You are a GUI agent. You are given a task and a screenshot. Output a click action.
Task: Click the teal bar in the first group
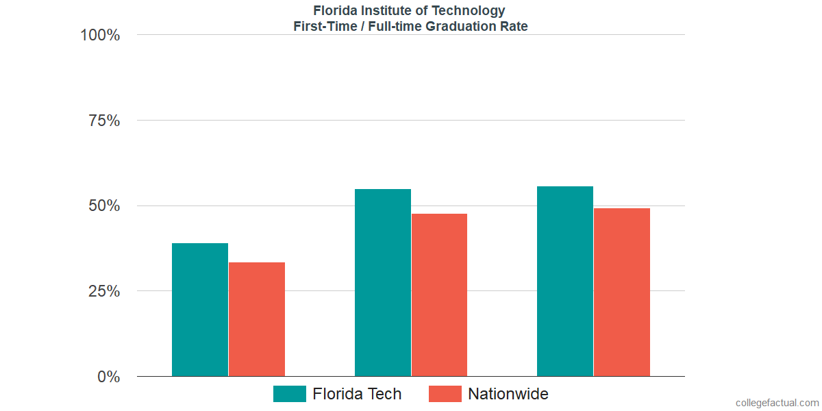pyautogui.click(x=200, y=310)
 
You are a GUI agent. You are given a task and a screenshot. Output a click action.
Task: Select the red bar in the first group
pyautogui.click(x=257, y=319)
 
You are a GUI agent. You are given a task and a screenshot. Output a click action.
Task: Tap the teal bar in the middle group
pyautogui.click(x=383, y=282)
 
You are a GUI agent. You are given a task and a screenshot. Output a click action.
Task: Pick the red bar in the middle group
pyautogui.click(x=439, y=295)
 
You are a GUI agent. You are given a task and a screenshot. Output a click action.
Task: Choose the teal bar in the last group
pyautogui.click(x=565, y=281)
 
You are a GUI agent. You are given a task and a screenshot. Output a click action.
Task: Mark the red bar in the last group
pyautogui.click(x=622, y=292)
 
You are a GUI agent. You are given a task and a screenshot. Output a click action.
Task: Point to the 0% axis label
pyautogui.click(x=108, y=377)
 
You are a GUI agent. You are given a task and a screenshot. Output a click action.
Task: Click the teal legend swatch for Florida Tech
pyautogui.click(x=289, y=394)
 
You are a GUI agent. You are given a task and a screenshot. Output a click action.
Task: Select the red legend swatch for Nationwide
pyautogui.click(x=445, y=394)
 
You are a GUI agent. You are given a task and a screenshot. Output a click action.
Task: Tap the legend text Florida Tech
pyautogui.click(x=357, y=394)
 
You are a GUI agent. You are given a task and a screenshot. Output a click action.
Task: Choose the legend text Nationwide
pyautogui.click(x=508, y=394)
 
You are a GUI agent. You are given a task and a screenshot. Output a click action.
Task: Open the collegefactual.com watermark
pyautogui.click(x=777, y=403)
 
